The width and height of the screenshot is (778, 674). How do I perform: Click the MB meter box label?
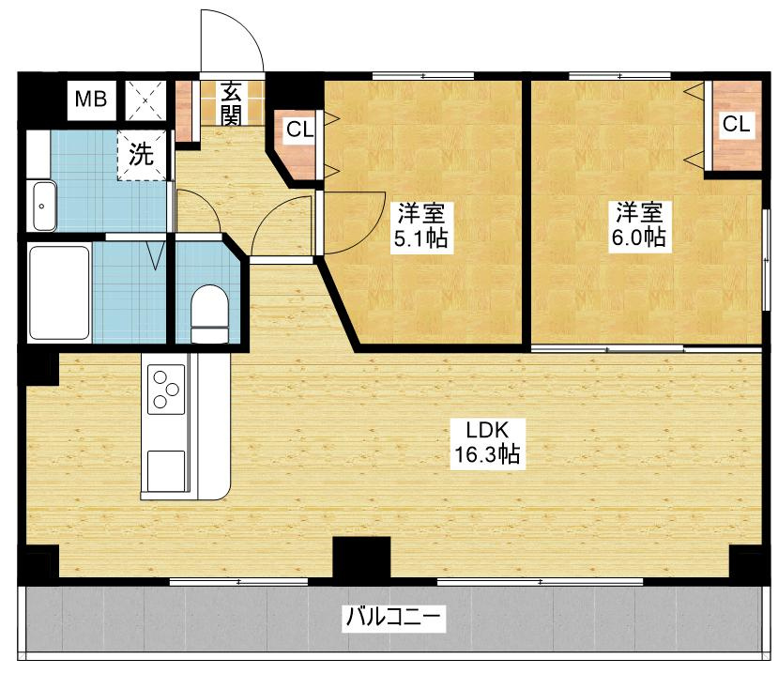pyautogui.click(x=91, y=100)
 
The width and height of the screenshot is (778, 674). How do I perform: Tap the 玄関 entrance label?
pyautogui.click(x=231, y=102)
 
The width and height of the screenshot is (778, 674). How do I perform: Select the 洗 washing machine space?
pyautogui.click(x=142, y=155)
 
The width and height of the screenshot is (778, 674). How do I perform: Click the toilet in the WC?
pyautogui.click(x=209, y=314)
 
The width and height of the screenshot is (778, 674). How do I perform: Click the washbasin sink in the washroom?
pyautogui.click(x=44, y=206)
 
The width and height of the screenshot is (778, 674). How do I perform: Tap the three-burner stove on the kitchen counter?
pyautogui.click(x=166, y=390)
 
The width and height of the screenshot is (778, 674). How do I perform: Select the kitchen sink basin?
pyautogui.click(x=166, y=470)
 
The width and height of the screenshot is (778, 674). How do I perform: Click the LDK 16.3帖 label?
pyautogui.click(x=487, y=442)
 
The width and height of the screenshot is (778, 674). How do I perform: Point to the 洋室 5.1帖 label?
pyautogui.click(x=421, y=225)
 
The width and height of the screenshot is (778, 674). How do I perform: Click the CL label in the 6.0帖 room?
pyautogui.click(x=737, y=124)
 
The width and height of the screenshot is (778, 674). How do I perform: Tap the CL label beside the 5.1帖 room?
pyautogui.click(x=300, y=130)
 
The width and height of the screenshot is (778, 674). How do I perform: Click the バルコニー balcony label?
pyautogui.click(x=393, y=618)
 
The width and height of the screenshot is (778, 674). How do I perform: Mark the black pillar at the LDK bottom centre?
pyautogui.click(x=361, y=558)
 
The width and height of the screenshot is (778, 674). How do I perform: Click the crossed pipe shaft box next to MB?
pyautogui.click(x=145, y=100)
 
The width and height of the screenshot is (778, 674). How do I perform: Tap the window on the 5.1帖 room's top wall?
pyautogui.click(x=423, y=76)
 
